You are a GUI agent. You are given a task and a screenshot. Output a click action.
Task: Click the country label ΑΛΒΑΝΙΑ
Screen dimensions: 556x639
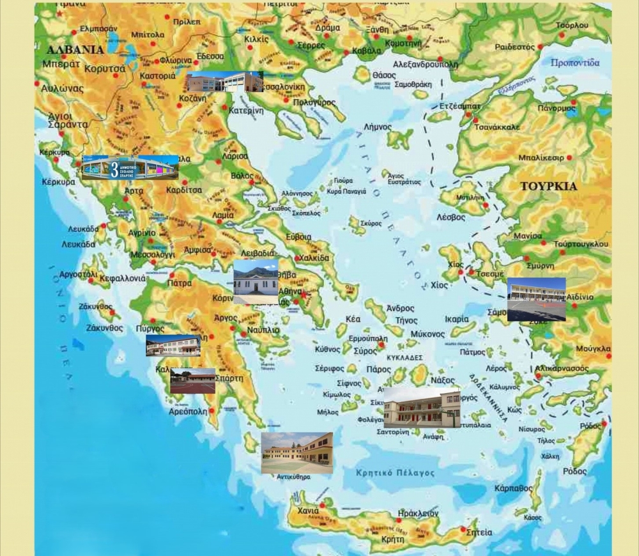coord(75,49)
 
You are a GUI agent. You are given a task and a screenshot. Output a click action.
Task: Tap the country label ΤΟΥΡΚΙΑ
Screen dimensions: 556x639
coord(548,187)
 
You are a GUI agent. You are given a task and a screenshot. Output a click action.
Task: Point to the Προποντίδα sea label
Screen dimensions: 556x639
coord(575,63)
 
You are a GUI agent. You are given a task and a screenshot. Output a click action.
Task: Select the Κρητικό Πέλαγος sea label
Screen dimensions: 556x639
coord(395,474)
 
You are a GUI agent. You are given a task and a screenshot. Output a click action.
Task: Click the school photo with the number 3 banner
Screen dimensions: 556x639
coord(130,167)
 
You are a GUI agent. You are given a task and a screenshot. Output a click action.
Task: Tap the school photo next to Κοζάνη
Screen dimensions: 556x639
coord(224,82)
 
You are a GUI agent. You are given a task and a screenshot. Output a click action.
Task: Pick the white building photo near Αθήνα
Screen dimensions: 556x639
coord(256,282)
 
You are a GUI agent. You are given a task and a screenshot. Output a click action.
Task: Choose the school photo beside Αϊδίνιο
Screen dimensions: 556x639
coord(536,299)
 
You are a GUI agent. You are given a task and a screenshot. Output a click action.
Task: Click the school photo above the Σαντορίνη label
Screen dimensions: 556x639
coord(421,407)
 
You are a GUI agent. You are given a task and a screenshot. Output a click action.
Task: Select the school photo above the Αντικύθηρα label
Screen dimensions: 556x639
coord(296,452)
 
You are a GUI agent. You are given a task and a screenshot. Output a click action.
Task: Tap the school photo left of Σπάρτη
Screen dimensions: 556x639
coord(192,380)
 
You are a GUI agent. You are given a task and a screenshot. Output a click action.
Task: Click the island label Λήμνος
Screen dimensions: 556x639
coord(378,127)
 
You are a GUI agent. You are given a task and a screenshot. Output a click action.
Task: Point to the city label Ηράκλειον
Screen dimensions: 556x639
coord(418,513)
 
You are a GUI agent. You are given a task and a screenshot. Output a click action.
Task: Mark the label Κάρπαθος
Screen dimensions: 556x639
coord(513,488)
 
